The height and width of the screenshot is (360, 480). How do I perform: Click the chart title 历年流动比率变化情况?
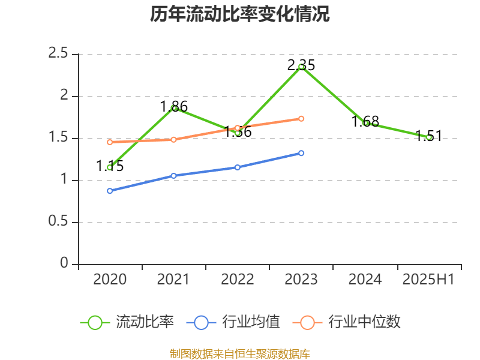pos(240,14)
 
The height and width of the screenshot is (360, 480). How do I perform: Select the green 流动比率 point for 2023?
pos(301,67)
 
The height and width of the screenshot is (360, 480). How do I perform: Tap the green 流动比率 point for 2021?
pos(174,108)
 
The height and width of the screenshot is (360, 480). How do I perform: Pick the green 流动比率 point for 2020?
pos(110,167)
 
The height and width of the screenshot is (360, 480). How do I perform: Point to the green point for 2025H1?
pos(429,137)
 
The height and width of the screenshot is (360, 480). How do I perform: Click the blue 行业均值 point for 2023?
pos(301,153)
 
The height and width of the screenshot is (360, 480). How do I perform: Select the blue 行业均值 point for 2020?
pos(110,191)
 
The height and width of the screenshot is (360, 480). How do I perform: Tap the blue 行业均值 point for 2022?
pos(238,167)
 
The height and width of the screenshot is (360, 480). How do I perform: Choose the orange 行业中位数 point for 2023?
pos(301,118)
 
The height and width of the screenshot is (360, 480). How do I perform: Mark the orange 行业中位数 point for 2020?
pos(110,142)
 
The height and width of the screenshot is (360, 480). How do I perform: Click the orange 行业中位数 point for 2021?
pos(174,140)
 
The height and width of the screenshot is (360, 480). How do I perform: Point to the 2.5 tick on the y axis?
pos(58,54)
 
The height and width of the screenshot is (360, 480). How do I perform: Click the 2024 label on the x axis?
pos(365,280)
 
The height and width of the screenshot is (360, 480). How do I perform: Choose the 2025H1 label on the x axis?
pos(428,280)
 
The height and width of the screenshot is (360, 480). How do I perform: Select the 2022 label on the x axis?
pos(237,280)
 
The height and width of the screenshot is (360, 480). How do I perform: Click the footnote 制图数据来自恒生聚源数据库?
pos(240,353)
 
